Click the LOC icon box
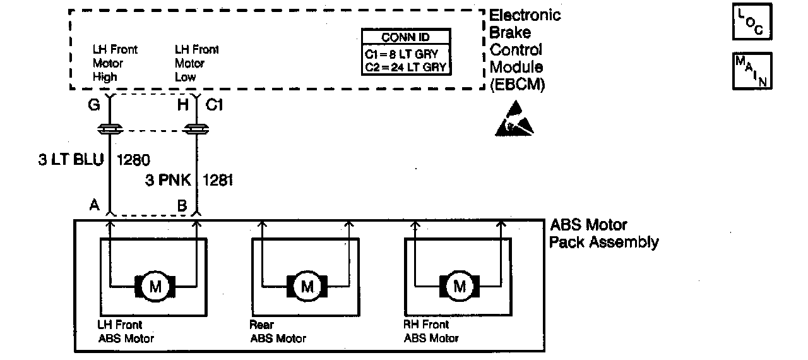752,21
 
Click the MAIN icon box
752,71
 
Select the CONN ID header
406,37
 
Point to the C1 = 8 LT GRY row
406,53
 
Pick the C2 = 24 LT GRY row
406,67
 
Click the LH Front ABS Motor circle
155,287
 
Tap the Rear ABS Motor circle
307,287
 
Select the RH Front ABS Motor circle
460,287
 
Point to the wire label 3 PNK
167,181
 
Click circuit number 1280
133,159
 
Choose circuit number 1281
218,181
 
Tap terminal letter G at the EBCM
94,105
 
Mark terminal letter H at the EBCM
182,105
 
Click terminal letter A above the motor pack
94,205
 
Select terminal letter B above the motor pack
182,205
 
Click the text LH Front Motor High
115,63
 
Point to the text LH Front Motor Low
196,63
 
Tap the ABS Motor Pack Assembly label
603,234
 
